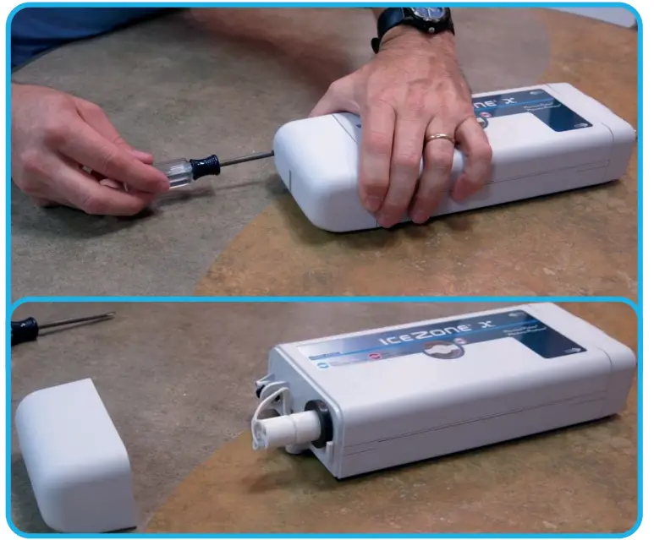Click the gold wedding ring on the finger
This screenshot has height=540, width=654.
pyautogui.click(x=440, y=137)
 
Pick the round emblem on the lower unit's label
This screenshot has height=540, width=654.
pyautogui.click(x=448, y=347)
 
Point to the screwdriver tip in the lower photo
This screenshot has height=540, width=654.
pyautogui.click(x=108, y=316)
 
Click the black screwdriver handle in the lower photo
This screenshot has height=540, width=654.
pyautogui.click(x=24, y=330)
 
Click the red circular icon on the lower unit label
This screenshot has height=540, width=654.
pyautogui.click(x=372, y=357)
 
